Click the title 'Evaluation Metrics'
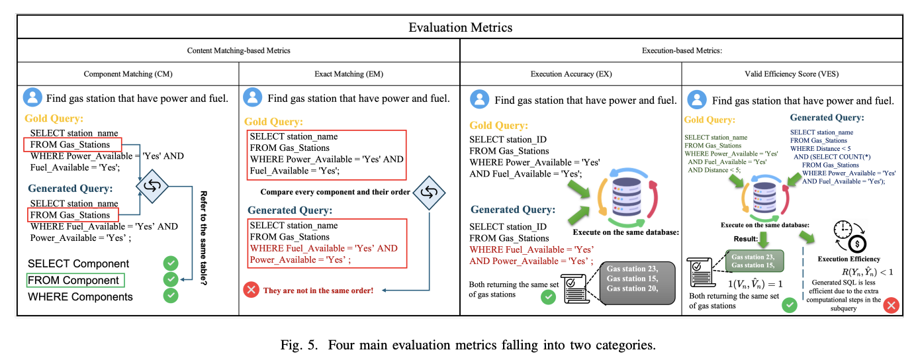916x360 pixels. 460,27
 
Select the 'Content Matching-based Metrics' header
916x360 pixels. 238,50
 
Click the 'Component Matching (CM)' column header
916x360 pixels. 128,74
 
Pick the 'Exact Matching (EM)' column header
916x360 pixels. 349,74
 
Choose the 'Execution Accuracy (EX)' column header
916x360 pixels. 571,74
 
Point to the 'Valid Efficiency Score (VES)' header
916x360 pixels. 792,74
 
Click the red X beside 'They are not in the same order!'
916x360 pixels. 251,290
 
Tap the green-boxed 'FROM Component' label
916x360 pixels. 73,281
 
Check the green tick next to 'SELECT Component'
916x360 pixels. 171,263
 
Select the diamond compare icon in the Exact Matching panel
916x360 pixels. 427,193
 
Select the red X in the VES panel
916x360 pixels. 891,305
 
